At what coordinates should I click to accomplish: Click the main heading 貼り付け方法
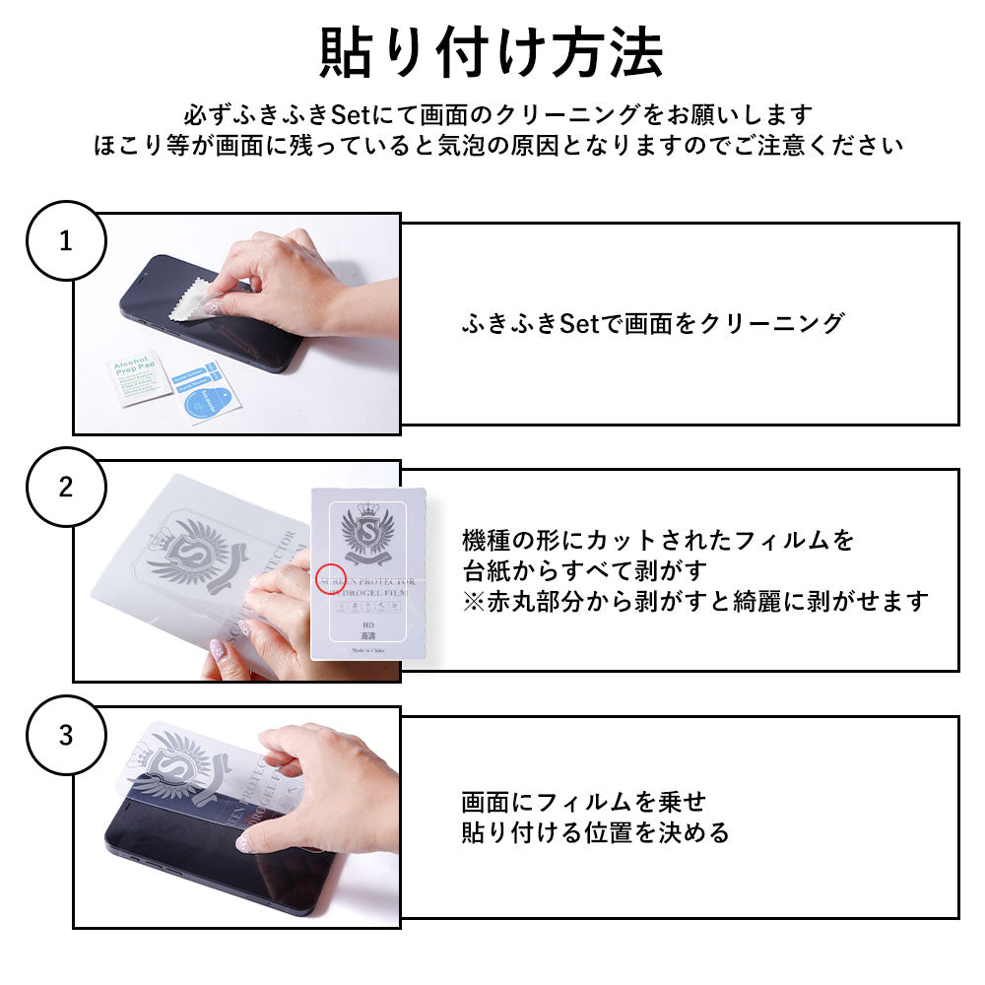[492, 54]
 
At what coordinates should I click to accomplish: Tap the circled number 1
[65, 240]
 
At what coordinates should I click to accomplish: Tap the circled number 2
[65, 488]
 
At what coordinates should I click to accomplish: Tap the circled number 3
[65, 736]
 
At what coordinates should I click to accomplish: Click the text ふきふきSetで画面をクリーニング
[652, 323]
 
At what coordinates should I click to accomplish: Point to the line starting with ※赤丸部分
[695, 601]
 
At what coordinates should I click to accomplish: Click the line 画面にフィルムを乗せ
[584, 802]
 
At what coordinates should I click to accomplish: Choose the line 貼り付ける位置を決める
[596, 833]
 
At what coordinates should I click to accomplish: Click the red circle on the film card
[332, 579]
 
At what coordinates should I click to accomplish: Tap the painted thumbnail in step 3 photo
[242, 843]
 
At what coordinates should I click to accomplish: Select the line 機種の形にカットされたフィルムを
[658, 540]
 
